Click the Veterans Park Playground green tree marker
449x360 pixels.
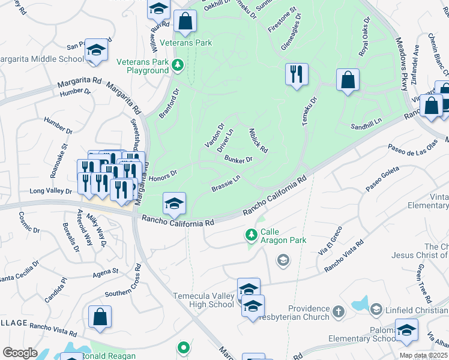177,65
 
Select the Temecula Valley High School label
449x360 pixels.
203,300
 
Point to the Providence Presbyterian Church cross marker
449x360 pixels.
339,311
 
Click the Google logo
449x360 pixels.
20,353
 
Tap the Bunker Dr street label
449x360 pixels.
238,159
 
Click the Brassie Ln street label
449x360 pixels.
226,184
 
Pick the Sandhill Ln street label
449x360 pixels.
367,125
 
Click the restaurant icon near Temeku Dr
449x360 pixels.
297,74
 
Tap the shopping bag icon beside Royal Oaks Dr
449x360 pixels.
348,80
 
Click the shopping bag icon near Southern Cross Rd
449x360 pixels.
100,317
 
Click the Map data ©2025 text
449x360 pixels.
424,355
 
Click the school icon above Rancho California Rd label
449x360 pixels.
174,204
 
